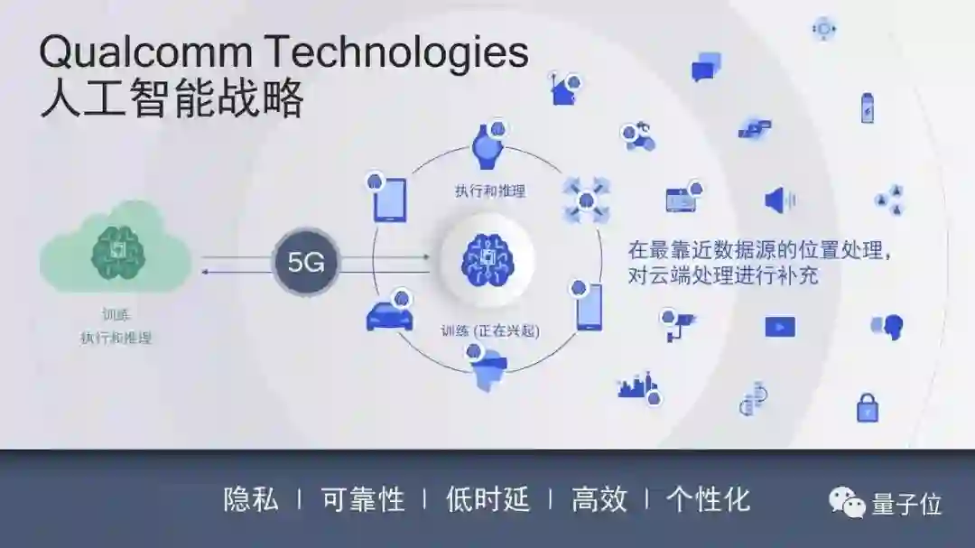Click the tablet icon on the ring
[x=389, y=199]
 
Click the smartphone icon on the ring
[x=589, y=307]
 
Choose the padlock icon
[x=867, y=407]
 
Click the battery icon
[x=867, y=107]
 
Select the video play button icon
[x=780, y=326]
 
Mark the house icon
[x=564, y=90]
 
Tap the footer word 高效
[x=599, y=499]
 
